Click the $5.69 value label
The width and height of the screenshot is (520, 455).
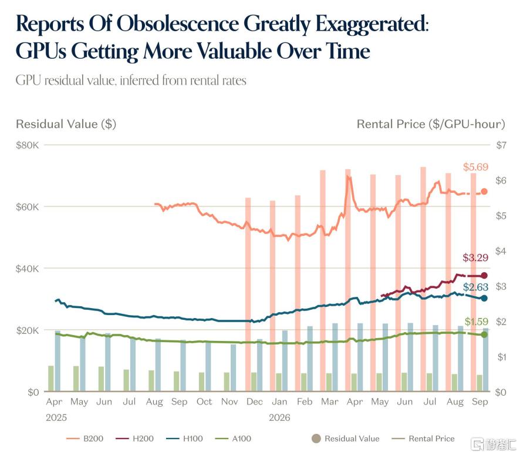[x=475, y=167]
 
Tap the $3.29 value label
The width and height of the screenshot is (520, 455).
[x=475, y=257]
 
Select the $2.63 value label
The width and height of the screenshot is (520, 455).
[x=475, y=287]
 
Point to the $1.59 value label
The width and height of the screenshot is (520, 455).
[x=476, y=322]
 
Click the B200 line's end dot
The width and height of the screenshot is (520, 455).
[x=484, y=192]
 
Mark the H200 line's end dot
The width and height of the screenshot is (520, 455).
[x=484, y=275]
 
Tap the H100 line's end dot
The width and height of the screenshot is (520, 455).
[x=484, y=298]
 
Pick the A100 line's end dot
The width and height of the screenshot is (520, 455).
[x=484, y=334]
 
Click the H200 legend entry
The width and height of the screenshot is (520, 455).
[x=134, y=439]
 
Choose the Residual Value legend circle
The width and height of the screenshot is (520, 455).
[x=316, y=439]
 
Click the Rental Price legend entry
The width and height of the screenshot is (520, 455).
[x=423, y=439]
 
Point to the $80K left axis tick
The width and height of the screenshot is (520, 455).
[x=27, y=145]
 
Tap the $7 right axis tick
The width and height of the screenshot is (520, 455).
[x=501, y=145]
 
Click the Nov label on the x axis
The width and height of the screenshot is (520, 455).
[x=229, y=402]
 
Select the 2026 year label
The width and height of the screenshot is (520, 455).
[x=279, y=417]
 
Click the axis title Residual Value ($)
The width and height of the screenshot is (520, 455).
[x=66, y=124]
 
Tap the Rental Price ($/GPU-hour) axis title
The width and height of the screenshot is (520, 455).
[x=431, y=124]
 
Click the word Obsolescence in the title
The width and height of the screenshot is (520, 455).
[x=177, y=24]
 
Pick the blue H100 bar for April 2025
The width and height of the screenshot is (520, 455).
[x=58, y=361]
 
